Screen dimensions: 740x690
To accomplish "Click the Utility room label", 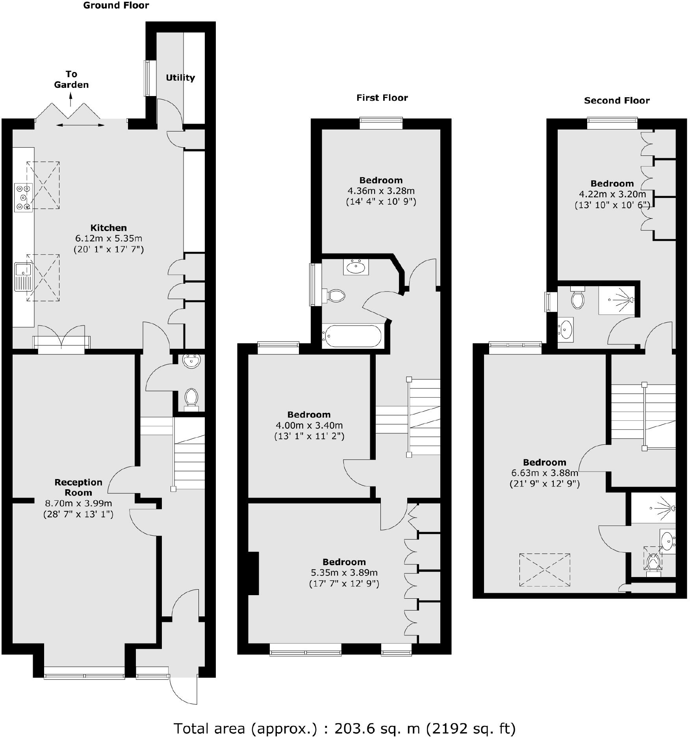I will pos(180,78).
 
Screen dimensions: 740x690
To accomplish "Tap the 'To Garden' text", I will pos(71,80).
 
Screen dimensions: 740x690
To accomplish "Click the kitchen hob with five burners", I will pos(23,198).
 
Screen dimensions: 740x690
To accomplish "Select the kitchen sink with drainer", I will pos(23,276).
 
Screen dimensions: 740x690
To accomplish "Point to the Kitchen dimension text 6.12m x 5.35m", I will pos(108,238).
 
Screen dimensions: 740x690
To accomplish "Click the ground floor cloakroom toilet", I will pos(191,398).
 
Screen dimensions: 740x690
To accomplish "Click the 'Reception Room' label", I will pos(78,487).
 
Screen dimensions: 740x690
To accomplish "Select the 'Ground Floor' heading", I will pos(116,6).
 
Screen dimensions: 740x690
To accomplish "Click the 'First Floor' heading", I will pos(382,98).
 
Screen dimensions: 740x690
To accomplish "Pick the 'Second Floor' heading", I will pos(617,100).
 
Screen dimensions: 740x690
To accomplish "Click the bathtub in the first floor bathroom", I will pos(352,336).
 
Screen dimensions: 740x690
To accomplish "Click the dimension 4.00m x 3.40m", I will pos(309,425).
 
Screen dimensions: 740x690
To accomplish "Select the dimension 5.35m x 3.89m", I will pos(344,572).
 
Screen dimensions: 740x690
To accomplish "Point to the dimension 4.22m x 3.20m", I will pos(612,194).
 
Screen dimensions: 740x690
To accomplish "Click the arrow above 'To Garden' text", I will pos(71,99).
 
